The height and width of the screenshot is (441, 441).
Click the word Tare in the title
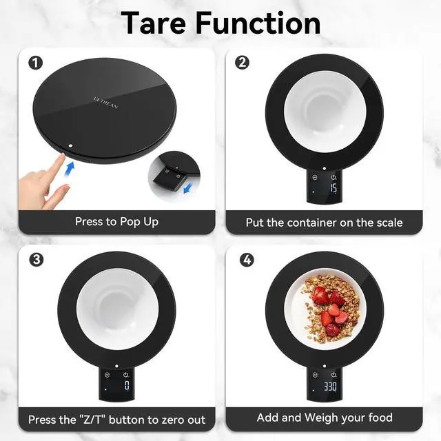pos(154,23)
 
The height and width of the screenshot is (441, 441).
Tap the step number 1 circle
pos(36,63)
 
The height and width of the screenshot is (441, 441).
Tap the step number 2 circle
pos(242,63)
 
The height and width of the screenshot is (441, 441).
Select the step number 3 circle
pos(37,259)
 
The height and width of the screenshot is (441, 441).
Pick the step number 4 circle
pos(247,260)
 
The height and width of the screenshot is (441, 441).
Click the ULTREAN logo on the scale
pos(105,103)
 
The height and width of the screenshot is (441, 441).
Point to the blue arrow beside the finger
pos(70,170)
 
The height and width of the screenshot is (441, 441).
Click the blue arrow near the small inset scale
pos(188,187)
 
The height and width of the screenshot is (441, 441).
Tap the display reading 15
pos(334,188)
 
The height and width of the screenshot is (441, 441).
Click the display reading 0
pos(127,385)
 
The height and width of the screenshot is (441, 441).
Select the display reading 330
pos(330,386)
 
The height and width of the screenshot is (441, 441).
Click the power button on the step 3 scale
pos(125,375)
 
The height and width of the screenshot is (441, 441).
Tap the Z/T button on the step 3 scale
pos(107,375)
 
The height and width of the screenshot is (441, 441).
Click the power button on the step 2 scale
pos(334,177)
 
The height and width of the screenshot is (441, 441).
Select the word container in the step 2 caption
pos(311,223)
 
